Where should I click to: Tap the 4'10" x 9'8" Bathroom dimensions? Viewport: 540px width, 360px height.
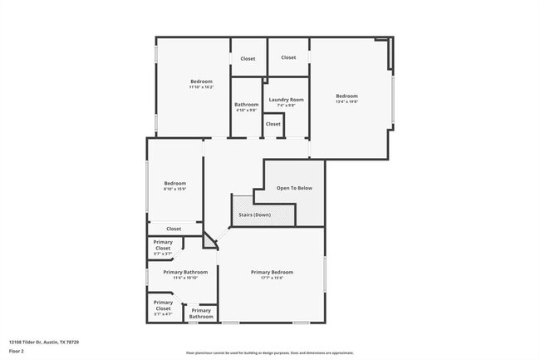click(247, 110)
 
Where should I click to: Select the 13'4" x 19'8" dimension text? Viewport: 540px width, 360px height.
click(346, 102)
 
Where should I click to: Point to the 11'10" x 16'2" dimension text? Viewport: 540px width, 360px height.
click(201, 86)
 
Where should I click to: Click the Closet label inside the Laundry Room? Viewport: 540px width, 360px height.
click(272, 124)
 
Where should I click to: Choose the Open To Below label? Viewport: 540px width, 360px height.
click(294, 188)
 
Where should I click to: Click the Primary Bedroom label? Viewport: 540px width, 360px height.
click(272, 272)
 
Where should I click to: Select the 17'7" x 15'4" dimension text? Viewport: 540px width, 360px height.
click(272, 279)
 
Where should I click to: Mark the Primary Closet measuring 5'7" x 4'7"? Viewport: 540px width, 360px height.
click(163, 305)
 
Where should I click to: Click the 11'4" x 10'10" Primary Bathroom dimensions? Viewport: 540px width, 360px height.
click(184, 279)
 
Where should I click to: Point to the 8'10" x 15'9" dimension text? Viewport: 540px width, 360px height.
click(174, 189)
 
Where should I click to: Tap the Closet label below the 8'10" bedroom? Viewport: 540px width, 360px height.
click(174, 229)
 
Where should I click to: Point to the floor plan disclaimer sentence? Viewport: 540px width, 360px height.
click(270, 353)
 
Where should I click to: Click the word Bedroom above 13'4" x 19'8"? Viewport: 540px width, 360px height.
click(346, 96)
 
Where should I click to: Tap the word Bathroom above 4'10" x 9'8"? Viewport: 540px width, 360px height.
click(247, 104)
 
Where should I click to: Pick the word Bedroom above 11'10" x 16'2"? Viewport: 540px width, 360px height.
click(201, 81)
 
